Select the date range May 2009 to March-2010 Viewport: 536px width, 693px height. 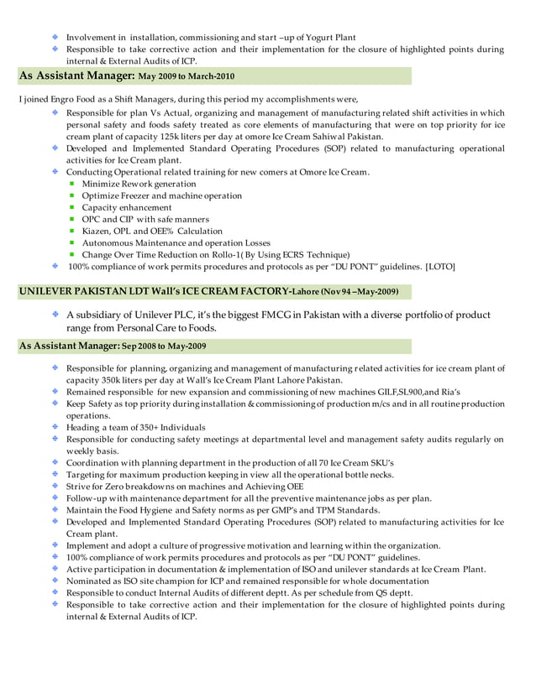tap(187, 76)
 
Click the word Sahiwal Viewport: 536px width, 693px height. tap(328, 136)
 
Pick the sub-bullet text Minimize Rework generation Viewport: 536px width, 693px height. tap(139, 184)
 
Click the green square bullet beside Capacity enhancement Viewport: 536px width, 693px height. tap(73, 207)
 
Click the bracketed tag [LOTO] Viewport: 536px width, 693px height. tap(440, 266)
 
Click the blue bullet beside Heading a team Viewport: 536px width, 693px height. tap(55, 427)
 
